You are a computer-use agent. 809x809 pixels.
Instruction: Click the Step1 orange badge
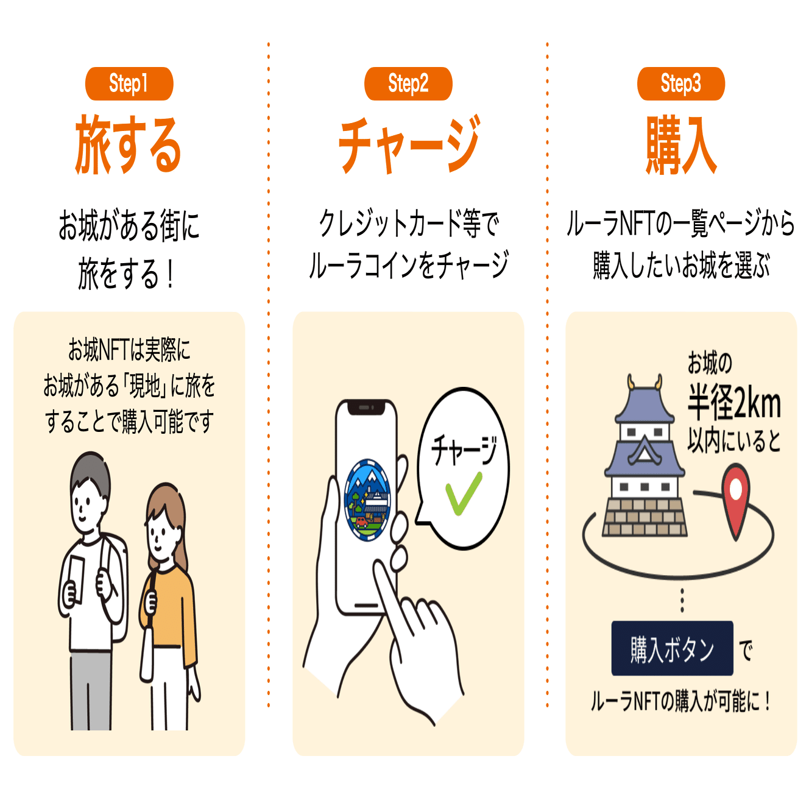click(129, 83)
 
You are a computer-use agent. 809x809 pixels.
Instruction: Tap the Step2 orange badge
click(408, 83)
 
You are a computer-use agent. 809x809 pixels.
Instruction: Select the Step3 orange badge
click(680, 83)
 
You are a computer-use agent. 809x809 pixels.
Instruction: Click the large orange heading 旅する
click(129, 145)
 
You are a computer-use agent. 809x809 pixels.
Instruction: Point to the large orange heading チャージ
click(409, 144)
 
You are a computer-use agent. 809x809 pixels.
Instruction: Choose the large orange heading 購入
click(681, 145)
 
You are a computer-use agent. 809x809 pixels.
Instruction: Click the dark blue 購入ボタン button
click(672, 648)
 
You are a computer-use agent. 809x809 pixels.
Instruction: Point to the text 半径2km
click(734, 403)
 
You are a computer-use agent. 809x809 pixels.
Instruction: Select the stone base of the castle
click(645, 517)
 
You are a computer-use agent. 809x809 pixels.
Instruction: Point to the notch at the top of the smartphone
click(366, 407)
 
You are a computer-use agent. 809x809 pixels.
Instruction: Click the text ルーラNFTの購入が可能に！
click(680, 701)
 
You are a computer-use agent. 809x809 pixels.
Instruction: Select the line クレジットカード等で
click(409, 224)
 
